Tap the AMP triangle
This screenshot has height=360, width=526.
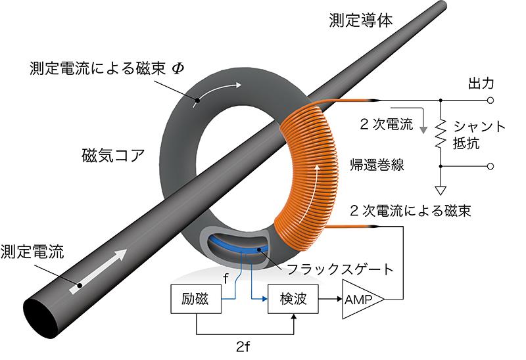(x=360, y=300)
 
